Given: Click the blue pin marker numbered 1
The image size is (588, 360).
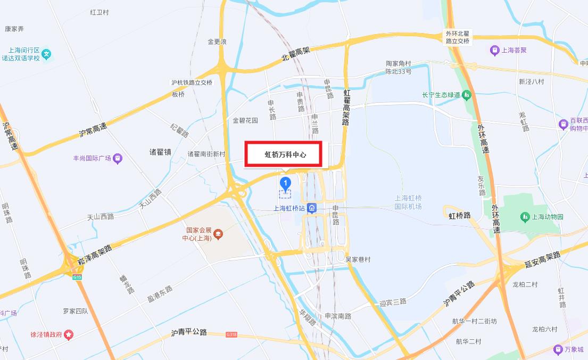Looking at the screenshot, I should click(x=286, y=184).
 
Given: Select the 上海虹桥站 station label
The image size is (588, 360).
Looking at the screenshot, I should click(x=289, y=208).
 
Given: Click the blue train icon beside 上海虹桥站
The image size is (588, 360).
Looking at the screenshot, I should click(x=313, y=208).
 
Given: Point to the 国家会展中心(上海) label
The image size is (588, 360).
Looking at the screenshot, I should click(x=198, y=234).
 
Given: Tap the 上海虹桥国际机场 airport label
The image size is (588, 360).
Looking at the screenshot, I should click(x=408, y=202).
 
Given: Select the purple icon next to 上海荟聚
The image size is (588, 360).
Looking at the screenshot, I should click(x=494, y=51).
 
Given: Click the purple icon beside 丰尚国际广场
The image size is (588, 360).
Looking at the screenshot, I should click(x=118, y=158).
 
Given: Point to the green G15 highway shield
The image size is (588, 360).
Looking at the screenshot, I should click(x=78, y=277).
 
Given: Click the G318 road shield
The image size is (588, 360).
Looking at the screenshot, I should click(x=231, y=334).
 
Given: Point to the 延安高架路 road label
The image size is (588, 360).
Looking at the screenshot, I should click(x=542, y=259).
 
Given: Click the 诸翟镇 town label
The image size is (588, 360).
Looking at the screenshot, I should click(x=160, y=152).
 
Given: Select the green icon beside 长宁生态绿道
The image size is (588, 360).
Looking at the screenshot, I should click(x=467, y=95).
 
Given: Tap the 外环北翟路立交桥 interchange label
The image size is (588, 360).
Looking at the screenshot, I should click(x=458, y=37).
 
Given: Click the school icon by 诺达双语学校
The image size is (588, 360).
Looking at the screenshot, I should click(x=47, y=53).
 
